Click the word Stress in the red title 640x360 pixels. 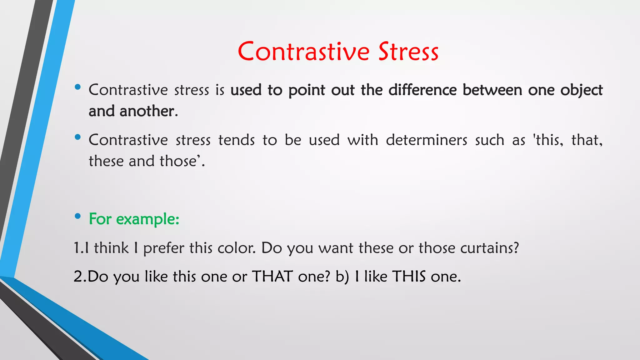408,52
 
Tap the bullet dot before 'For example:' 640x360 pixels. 78,216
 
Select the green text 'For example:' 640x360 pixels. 134,219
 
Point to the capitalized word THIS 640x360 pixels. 409,277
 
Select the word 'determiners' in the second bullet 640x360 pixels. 427,140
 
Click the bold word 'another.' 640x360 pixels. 149,111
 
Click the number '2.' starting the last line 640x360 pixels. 80,277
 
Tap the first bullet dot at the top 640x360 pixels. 78,87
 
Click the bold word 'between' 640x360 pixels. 492,90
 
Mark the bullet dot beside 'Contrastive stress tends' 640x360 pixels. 78,137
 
